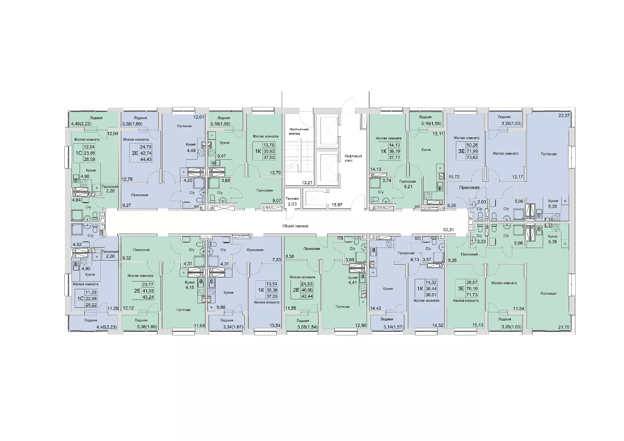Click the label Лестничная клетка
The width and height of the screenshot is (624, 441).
[x=299, y=131]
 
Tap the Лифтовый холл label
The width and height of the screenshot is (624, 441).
[x=353, y=158]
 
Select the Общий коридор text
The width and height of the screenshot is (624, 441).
[x=295, y=226]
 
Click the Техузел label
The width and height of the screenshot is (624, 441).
[x=292, y=198]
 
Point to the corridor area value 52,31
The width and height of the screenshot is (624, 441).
[x=448, y=229]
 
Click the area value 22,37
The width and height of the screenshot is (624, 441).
[x=564, y=115]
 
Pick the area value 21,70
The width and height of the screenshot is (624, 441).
[x=564, y=327]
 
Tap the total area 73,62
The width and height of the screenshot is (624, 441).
[x=473, y=157]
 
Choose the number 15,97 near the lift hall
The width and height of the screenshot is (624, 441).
[x=337, y=205]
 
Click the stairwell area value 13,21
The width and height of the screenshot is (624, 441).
[x=307, y=183]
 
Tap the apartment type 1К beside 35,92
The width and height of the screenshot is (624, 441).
[x=258, y=151]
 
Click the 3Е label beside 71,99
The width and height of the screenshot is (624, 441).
[x=461, y=151]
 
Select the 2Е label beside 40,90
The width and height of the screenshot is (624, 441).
[x=296, y=290]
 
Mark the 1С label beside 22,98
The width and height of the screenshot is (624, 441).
[x=80, y=298]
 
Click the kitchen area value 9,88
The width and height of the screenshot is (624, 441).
[x=221, y=307]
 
